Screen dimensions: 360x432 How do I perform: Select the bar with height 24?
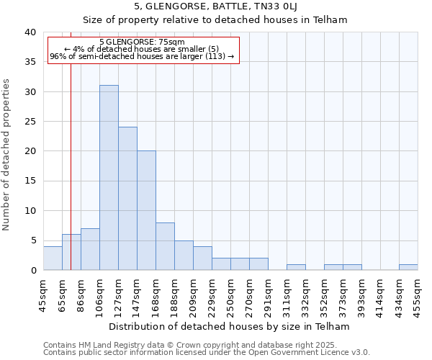click(127, 199)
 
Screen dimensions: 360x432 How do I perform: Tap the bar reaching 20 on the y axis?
click(146, 210)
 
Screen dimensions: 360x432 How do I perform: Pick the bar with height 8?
click(165, 246)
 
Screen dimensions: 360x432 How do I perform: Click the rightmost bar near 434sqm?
click(408, 267)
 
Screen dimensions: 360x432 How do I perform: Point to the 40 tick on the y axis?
click(30, 32)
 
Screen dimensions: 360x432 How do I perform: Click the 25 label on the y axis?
click(30, 122)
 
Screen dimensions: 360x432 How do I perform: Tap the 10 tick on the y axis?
click(30, 211)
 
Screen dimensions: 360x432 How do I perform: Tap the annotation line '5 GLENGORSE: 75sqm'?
click(142, 42)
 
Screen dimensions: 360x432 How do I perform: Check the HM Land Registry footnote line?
click(205, 346)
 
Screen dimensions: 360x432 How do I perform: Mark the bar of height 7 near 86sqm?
click(90, 249)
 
